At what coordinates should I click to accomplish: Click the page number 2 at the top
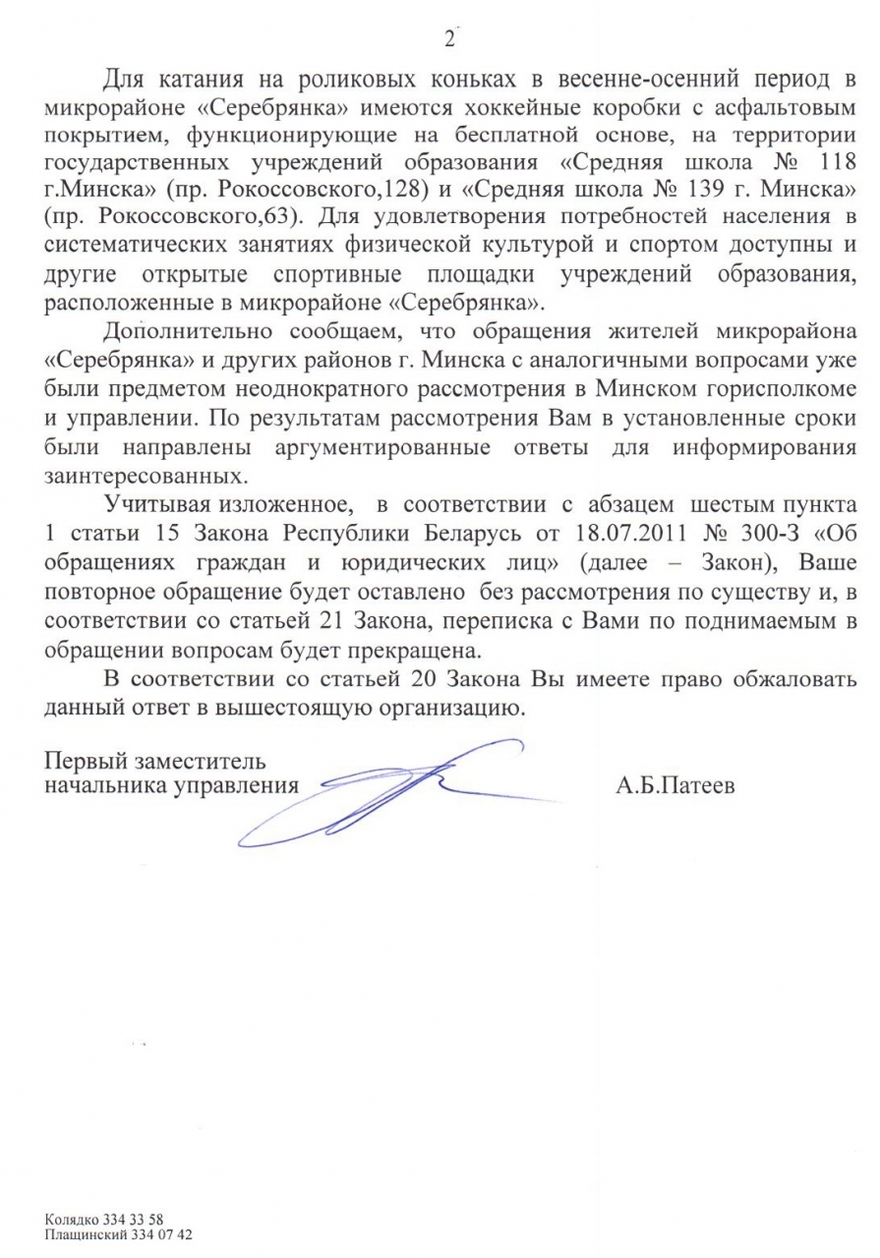click(449, 39)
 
